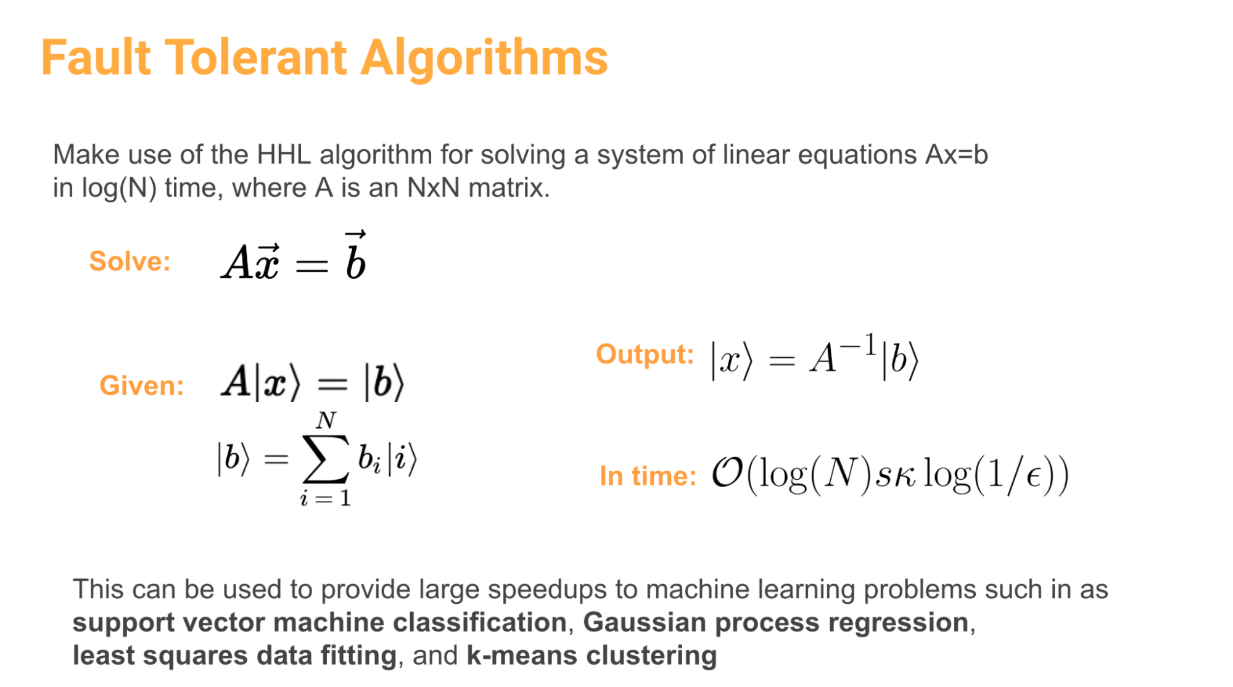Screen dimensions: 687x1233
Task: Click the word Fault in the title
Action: pyautogui.click(x=96, y=57)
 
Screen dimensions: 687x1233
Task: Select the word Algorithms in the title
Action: pyautogui.click(x=484, y=59)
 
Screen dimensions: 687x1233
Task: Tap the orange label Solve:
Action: pyautogui.click(x=130, y=261)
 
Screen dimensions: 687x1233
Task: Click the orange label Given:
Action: pyautogui.click(x=142, y=385)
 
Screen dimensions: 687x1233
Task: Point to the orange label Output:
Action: pyautogui.click(x=645, y=355)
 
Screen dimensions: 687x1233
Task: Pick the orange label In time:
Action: pyautogui.click(x=648, y=476)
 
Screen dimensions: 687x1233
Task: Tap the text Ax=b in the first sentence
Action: pyautogui.click(x=956, y=154)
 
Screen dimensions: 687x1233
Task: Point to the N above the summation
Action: pyautogui.click(x=326, y=421)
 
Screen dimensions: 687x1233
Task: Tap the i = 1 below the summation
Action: pyautogui.click(x=325, y=498)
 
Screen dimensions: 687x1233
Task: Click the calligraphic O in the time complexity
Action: pyautogui.click(x=727, y=474)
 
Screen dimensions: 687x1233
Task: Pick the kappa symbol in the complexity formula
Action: pyautogui.click(x=904, y=476)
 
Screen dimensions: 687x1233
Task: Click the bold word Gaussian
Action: pyautogui.click(x=645, y=622)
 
